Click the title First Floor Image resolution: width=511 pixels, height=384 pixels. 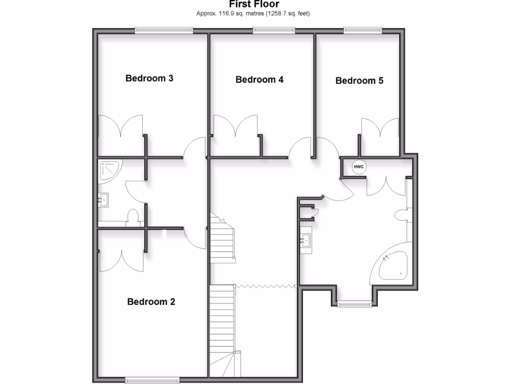pos(254,4)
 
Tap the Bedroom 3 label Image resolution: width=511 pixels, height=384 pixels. pos(149,78)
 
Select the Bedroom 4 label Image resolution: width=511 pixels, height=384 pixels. pos(259,79)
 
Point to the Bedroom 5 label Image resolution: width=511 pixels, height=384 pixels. pos(359,80)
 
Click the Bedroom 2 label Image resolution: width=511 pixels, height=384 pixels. pos(151,301)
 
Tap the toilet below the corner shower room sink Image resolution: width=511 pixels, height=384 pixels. pos(133,216)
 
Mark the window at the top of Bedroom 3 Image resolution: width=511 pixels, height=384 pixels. pos(164,30)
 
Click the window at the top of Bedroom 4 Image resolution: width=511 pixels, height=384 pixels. pos(273,30)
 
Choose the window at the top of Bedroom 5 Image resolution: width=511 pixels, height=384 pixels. pos(363,30)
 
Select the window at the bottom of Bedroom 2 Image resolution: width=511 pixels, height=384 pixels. pos(152,379)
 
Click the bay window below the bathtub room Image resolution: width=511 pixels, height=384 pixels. pos(354,303)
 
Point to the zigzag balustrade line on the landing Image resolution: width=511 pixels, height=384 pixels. pos(266,286)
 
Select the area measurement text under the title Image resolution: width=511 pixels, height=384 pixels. pos(253,13)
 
